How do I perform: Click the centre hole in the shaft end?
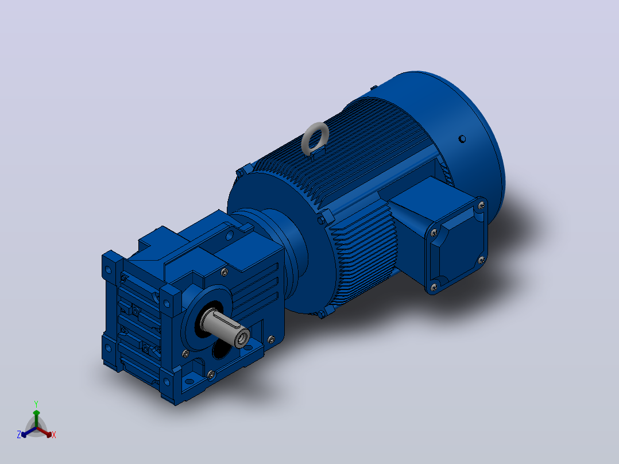[x=242, y=338]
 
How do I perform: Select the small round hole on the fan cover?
[x=462, y=139]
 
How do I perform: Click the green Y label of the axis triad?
[x=36, y=404]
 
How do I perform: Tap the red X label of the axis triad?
[x=54, y=435]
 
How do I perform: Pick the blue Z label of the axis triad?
[x=19, y=435]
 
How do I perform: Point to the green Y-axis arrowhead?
[x=36, y=413]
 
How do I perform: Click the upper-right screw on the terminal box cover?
[x=481, y=205]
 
